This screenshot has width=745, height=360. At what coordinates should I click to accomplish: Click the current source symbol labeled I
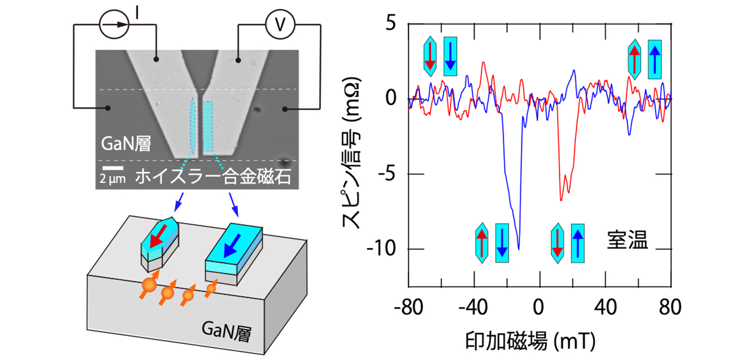point(112,25)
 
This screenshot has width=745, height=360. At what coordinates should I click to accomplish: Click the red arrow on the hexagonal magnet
point(156,236)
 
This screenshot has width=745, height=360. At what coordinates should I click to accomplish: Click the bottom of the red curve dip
point(561,200)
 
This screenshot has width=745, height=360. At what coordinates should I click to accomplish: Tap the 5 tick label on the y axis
point(391,25)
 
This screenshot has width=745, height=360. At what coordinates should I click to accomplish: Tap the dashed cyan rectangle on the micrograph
point(208,127)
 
